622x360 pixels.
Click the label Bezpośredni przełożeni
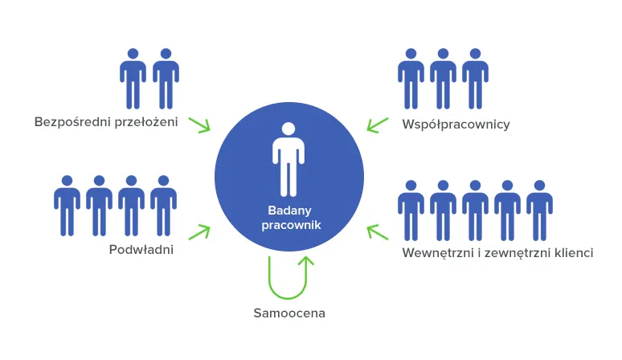pos(106,121)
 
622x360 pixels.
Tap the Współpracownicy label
pos(456,124)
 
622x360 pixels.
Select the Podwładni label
pos(141,249)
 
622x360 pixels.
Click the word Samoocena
pos(289,313)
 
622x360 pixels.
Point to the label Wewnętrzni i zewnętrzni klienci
pos(497,252)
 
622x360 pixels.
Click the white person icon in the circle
pos(288,159)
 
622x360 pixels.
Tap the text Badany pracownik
pos(291,218)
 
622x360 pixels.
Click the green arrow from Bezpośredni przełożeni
pos(199,125)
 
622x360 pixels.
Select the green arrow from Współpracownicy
pos(377,125)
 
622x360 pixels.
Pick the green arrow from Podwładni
pos(199,232)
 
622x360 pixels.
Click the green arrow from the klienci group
pos(377,232)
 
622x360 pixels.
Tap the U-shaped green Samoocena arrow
pos(288,298)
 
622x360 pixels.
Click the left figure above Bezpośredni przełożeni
pos(133,79)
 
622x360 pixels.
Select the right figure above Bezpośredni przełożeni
pos(166,79)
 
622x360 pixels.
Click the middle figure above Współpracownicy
pos(443,79)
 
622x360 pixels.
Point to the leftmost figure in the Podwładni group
pos(67,206)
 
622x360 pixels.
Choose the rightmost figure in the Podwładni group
pos(163,206)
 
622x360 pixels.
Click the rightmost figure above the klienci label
pos(539,211)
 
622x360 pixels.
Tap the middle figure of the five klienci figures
pos(475,211)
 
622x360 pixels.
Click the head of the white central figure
pos(288,129)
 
